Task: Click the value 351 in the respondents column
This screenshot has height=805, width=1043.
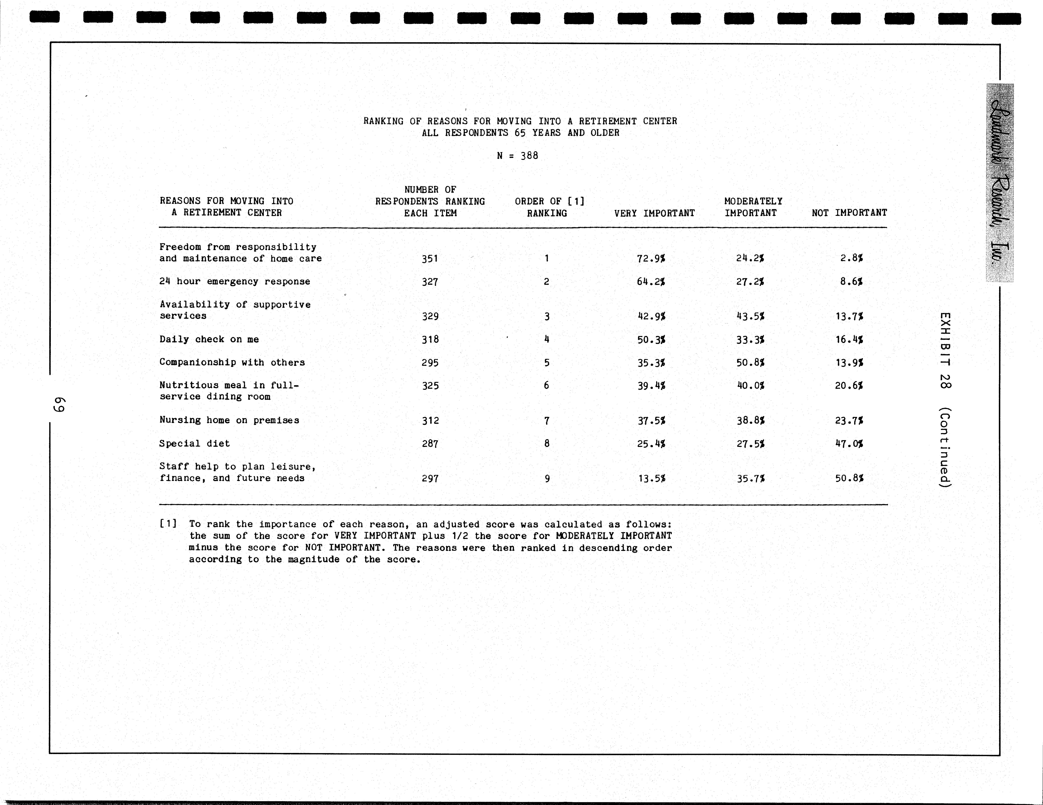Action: coord(430,259)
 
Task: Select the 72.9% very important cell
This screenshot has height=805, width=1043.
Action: coord(651,259)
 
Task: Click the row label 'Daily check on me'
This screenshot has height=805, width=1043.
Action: coord(209,339)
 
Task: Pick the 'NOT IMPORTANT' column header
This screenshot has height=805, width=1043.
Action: coord(849,213)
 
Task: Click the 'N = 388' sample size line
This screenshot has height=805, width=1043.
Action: coord(518,156)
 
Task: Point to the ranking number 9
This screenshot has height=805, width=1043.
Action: coord(547,478)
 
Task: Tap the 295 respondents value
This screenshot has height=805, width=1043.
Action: coord(430,363)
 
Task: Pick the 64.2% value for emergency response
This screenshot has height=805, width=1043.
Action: coord(651,282)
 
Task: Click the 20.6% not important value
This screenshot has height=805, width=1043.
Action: coord(849,386)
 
